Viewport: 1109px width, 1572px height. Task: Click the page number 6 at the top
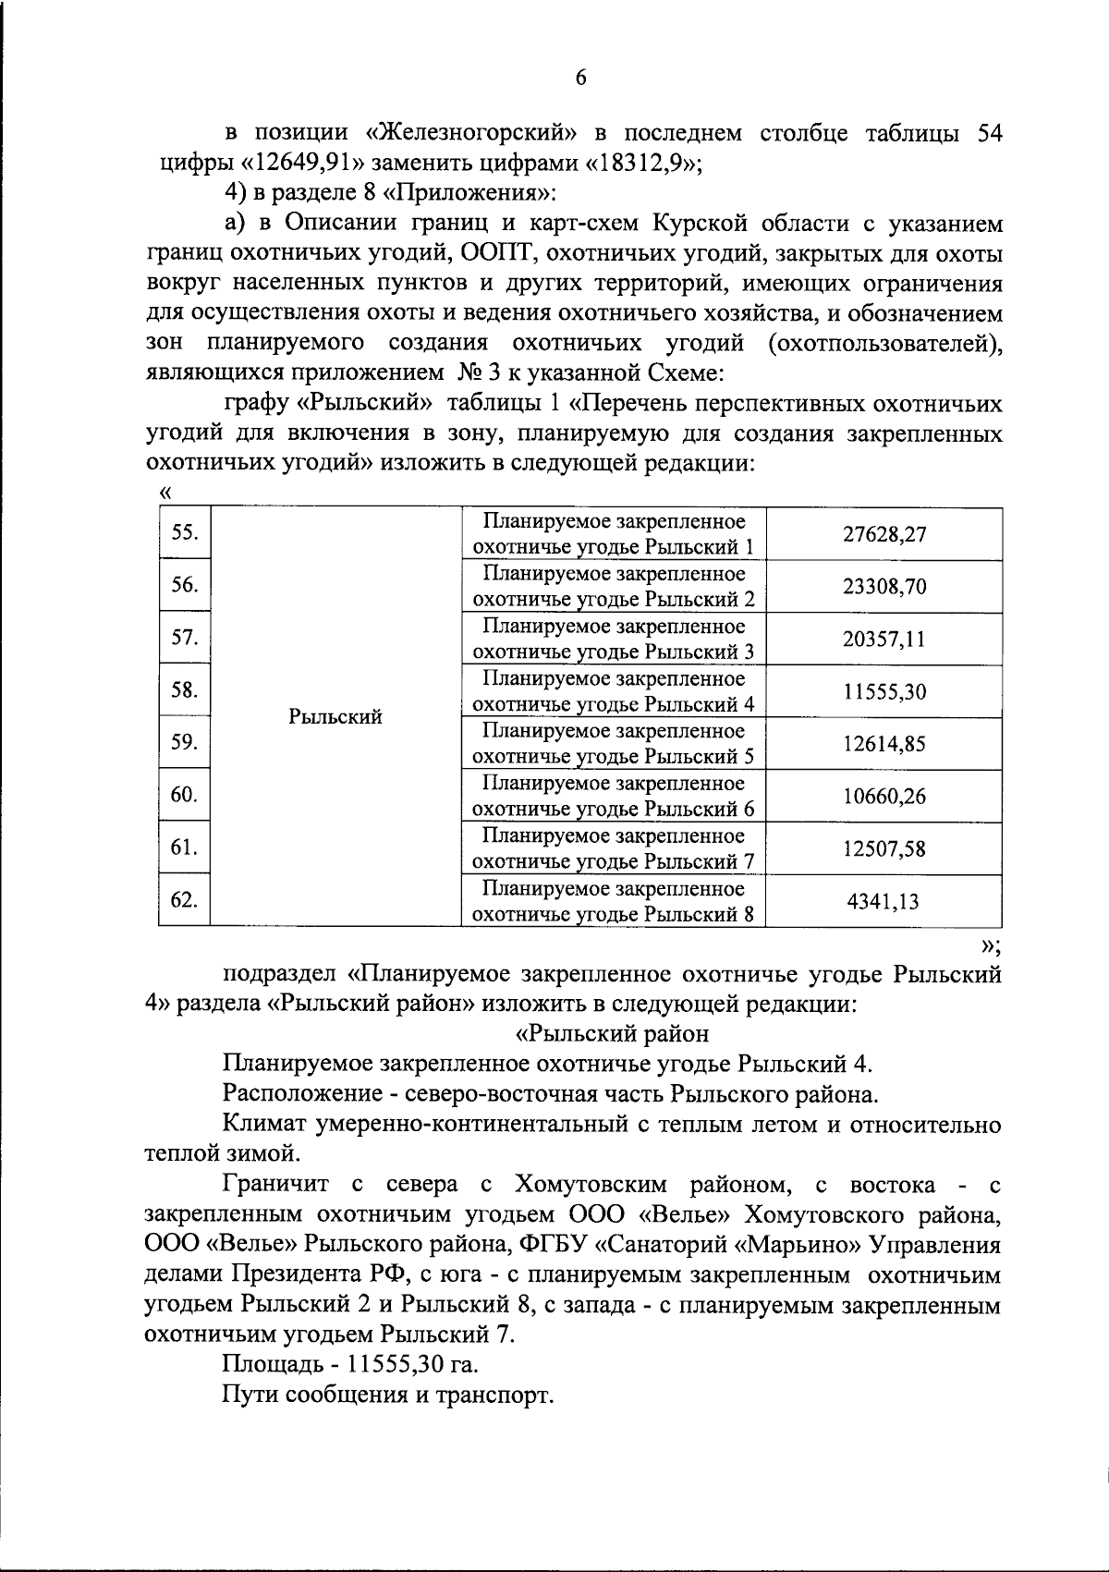click(x=581, y=78)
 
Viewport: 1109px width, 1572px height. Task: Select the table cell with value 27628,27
click(x=884, y=534)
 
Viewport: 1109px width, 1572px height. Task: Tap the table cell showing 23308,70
click(x=884, y=587)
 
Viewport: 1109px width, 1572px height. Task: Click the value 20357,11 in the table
click(x=884, y=640)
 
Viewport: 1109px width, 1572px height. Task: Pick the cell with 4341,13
click(x=884, y=901)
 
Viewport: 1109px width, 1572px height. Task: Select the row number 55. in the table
click(x=184, y=532)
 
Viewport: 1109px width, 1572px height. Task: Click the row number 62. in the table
click(x=184, y=899)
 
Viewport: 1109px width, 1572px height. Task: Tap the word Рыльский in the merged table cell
click(x=335, y=717)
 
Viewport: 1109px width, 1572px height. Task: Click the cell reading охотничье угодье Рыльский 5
click(x=614, y=757)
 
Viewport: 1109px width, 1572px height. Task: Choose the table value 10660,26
click(x=884, y=797)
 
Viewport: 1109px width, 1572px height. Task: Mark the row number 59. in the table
click(x=184, y=742)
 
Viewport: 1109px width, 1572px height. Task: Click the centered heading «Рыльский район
click(x=612, y=1033)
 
